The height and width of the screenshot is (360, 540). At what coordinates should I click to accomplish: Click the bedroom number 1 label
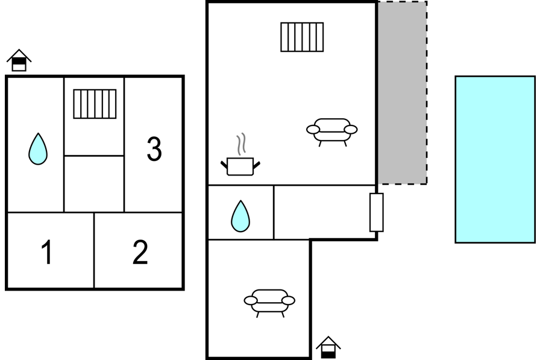tap(47, 252)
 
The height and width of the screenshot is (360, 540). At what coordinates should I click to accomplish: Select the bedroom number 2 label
tap(140, 252)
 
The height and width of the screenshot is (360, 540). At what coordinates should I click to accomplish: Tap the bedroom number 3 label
tap(154, 148)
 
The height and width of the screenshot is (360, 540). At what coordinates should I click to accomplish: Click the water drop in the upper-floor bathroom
tap(38, 149)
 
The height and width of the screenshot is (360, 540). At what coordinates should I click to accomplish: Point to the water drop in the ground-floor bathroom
tap(240, 216)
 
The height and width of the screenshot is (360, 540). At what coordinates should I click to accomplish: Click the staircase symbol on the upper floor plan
tap(95, 104)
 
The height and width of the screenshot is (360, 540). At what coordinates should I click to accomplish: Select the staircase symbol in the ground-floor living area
tap(302, 37)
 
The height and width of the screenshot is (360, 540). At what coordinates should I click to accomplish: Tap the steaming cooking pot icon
tap(240, 154)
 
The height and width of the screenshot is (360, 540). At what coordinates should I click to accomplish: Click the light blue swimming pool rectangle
tap(495, 160)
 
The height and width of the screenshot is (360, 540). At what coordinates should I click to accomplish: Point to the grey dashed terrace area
tap(403, 93)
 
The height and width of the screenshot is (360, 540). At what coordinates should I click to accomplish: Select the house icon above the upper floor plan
tap(19, 60)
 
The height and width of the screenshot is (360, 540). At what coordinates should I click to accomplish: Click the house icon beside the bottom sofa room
tap(328, 347)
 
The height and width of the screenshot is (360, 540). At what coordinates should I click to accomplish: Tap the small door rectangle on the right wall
tap(377, 212)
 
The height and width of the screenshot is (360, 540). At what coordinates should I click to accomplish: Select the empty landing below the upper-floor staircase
tap(94, 184)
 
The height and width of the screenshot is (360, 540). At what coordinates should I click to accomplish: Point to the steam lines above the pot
tap(241, 144)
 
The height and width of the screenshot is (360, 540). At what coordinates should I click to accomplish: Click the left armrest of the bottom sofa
tap(250, 300)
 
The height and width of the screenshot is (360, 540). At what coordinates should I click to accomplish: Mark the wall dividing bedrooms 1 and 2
tap(94, 250)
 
